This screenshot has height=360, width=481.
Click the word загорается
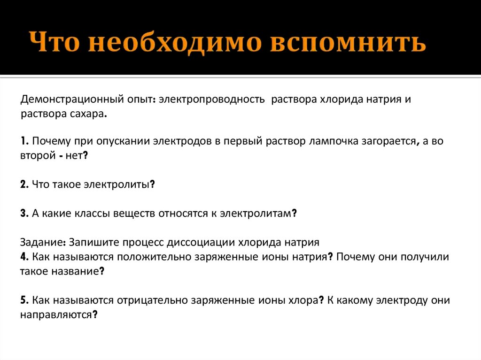coord(388,141)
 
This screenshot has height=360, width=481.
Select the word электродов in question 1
coord(180,141)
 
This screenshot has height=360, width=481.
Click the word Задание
coord(42,243)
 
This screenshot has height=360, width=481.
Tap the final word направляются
coord(58,315)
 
